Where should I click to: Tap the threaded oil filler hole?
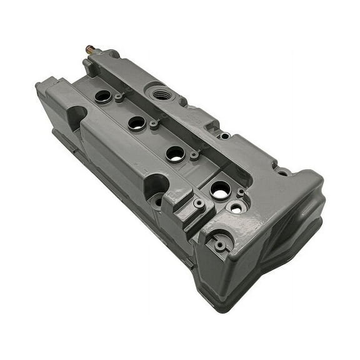[x=160, y=93]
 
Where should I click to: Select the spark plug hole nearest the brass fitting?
[x=102, y=96]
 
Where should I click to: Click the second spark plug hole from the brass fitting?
[x=137, y=122]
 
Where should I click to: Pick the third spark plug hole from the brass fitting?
[x=176, y=153]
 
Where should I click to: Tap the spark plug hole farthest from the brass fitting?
[x=220, y=190]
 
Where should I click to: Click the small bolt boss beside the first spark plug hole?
[x=119, y=97]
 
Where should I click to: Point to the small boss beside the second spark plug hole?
[x=154, y=124]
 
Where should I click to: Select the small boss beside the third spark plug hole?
[x=194, y=154]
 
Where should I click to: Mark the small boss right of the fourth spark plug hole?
[x=241, y=193]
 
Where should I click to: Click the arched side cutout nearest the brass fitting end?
[x=77, y=115]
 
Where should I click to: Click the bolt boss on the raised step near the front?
[x=199, y=203]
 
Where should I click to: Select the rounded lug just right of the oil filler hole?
[x=182, y=101]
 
